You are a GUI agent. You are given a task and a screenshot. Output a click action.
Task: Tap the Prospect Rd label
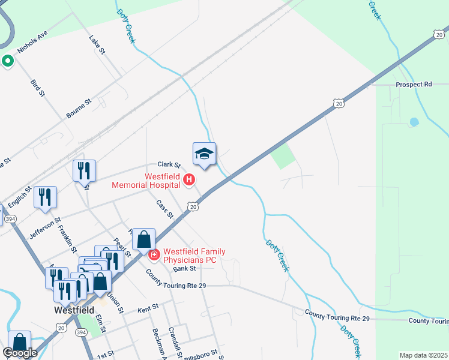click(x=414, y=85)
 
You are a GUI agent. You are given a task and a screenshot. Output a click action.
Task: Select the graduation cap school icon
click(x=204, y=154)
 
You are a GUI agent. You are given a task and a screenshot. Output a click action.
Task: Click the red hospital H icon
click(x=189, y=179)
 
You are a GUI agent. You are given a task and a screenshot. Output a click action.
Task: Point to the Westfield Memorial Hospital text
click(x=146, y=181)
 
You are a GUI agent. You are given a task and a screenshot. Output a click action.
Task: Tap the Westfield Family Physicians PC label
click(x=190, y=256)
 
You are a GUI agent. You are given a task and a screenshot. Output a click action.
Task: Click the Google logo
click(x=20, y=353)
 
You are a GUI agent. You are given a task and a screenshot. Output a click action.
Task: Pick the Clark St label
click(x=169, y=164)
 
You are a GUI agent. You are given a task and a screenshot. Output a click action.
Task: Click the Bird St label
click(x=38, y=86)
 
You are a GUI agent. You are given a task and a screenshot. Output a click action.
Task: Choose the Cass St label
click(x=164, y=209)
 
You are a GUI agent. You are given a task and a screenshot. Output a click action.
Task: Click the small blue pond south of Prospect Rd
click(x=414, y=122)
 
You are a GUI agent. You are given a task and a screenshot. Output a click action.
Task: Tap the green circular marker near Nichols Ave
click(x=8, y=61)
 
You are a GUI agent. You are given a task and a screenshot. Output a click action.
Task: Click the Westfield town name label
click(x=74, y=310)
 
